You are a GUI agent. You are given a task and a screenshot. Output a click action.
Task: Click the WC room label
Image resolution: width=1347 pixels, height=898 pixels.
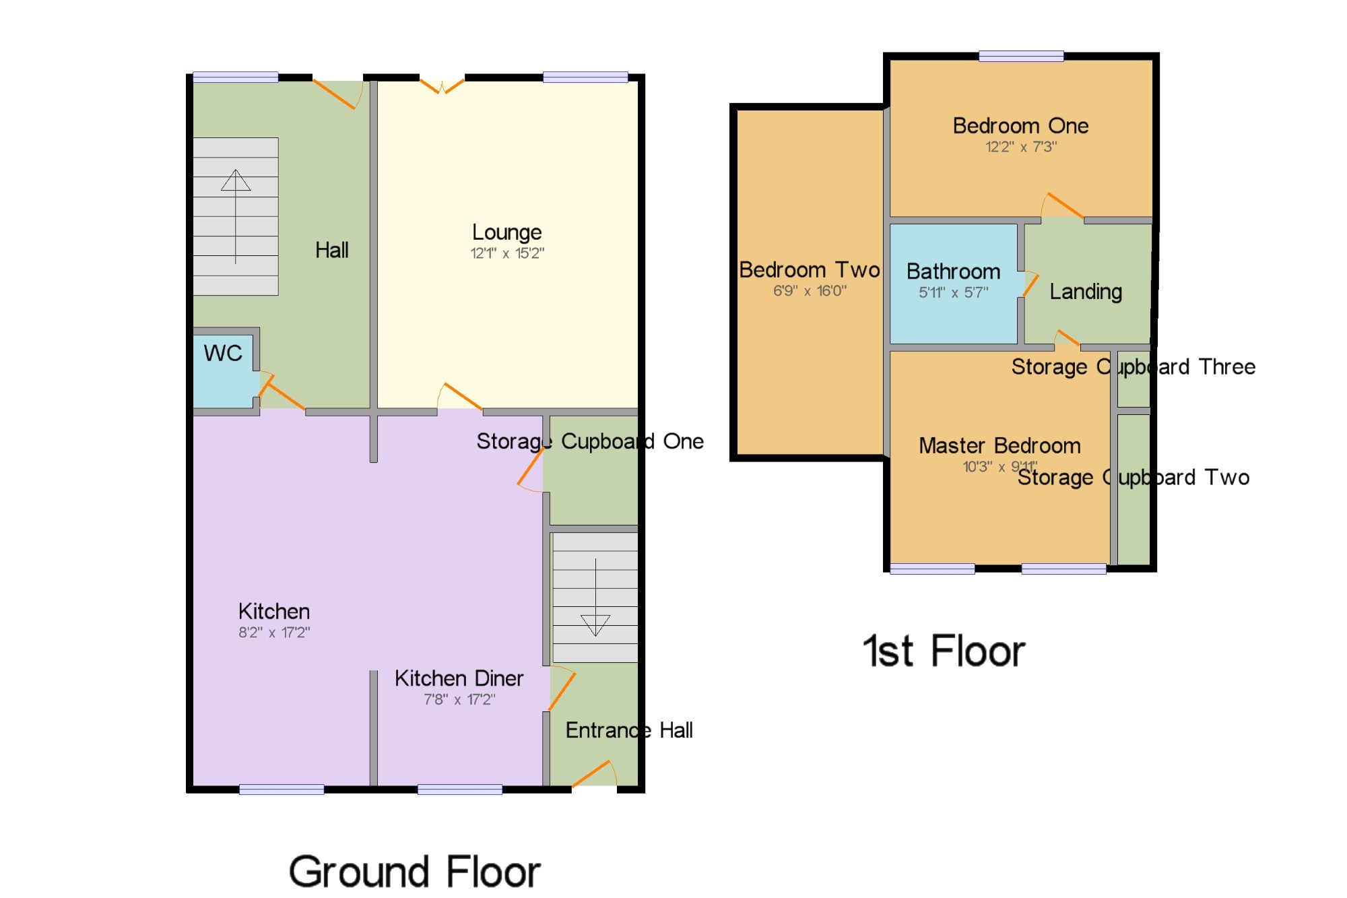(x=223, y=353)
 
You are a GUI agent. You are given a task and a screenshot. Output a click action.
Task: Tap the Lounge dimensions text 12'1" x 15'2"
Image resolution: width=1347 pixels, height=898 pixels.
(x=507, y=253)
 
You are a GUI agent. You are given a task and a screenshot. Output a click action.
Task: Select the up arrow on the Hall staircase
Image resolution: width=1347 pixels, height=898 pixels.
(x=236, y=216)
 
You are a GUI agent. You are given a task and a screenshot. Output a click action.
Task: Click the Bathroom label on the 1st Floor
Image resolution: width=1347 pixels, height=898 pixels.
(x=954, y=271)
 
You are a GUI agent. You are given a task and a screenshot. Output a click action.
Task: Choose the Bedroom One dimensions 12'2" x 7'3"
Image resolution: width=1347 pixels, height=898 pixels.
(x=1021, y=147)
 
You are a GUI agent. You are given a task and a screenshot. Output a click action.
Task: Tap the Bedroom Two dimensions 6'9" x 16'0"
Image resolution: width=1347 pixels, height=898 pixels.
(x=810, y=291)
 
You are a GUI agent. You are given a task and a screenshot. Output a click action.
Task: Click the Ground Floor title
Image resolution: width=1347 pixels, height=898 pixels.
(x=415, y=872)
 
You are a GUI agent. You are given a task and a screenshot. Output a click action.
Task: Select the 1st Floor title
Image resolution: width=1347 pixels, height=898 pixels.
(x=944, y=651)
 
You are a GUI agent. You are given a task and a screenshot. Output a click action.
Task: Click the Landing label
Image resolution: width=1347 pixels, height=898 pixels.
(x=1086, y=292)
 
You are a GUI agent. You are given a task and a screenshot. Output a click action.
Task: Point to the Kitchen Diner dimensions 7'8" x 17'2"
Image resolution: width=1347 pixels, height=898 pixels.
(x=459, y=700)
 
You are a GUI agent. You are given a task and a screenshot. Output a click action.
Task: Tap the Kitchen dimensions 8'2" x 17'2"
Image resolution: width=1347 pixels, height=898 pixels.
(x=274, y=633)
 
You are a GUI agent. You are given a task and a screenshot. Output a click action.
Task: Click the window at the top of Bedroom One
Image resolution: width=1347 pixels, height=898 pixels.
(x=1021, y=57)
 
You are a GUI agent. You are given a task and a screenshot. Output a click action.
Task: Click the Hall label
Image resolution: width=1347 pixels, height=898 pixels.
(x=332, y=251)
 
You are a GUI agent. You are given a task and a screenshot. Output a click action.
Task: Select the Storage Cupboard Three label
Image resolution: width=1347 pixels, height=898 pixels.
(x=1134, y=367)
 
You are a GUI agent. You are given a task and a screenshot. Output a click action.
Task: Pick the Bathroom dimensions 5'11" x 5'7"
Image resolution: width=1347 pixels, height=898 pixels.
(x=954, y=292)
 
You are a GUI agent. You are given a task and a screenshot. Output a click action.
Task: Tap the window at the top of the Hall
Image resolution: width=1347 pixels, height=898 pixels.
(x=236, y=77)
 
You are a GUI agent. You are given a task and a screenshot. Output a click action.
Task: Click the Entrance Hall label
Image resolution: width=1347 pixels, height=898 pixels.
(x=629, y=730)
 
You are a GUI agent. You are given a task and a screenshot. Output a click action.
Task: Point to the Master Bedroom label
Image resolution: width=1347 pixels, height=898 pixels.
(x=1000, y=446)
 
